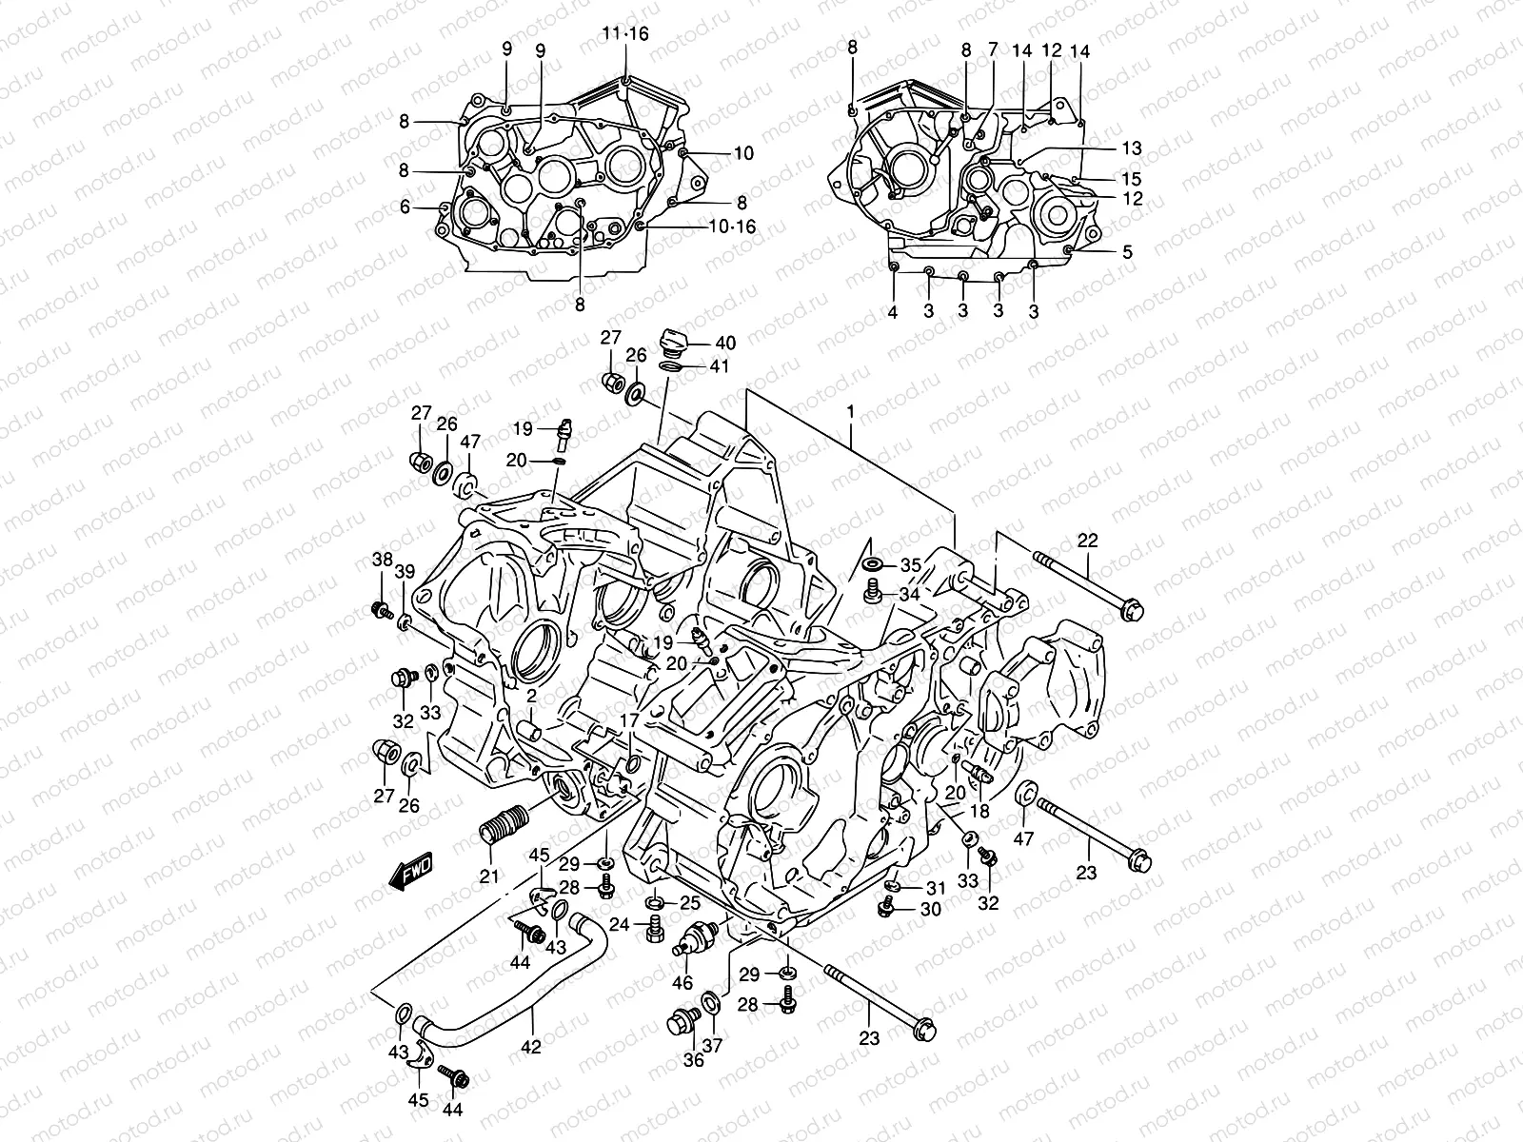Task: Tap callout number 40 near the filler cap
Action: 725,344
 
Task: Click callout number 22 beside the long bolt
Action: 1088,541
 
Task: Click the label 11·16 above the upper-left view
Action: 624,33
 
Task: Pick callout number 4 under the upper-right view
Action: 893,311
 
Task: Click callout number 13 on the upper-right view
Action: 1131,149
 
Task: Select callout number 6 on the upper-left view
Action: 405,207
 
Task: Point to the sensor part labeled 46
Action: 690,937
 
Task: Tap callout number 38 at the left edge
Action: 382,561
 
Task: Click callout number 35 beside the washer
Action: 911,565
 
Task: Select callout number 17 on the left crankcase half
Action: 627,720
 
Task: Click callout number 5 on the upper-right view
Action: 1127,252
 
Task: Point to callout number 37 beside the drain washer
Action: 711,1045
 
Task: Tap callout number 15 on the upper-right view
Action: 1131,179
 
